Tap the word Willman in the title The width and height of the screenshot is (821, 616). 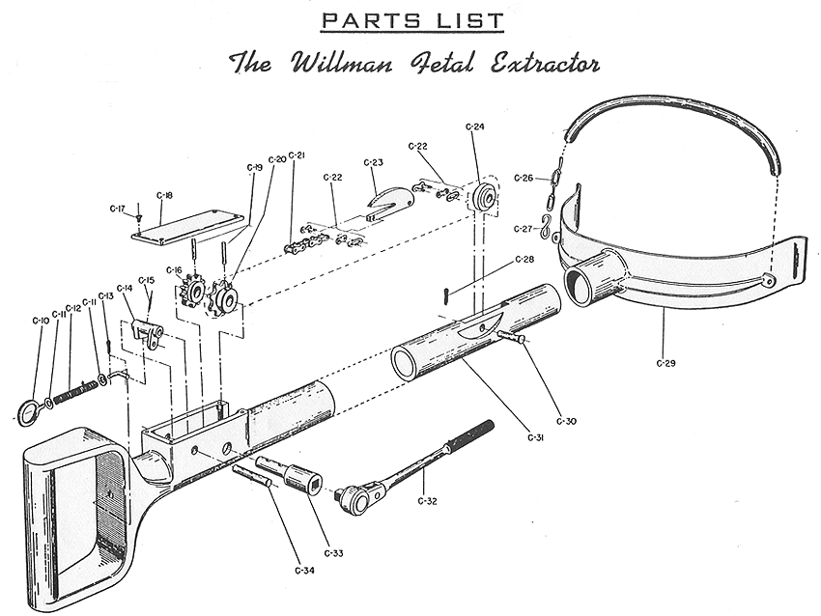[333, 64]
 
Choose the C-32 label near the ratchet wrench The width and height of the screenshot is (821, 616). [429, 500]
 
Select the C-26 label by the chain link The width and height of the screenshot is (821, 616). [524, 178]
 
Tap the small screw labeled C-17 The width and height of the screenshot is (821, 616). [139, 217]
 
